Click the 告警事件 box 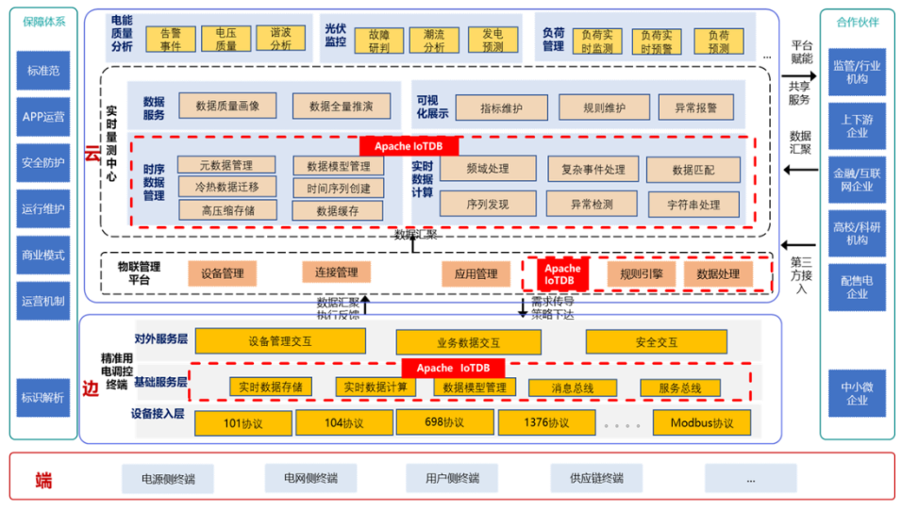pyautogui.click(x=171, y=39)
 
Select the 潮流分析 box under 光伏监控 pyautogui.click(x=434, y=40)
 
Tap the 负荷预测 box pyautogui.click(x=719, y=41)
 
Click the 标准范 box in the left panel pyautogui.click(x=43, y=71)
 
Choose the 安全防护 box pyautogui.click(x=43, y=162)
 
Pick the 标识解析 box pyautogui.click(x=43, y=398)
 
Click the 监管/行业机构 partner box pyautogui.click(x=857, y=73)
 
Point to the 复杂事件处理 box pyautogui.click(x=593, y=170)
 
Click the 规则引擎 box pyautogui.click(x=642, y=274)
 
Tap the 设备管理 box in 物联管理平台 pyautogui.click(x=223, y=273)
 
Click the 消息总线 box pyautogui.click(x=573, y=387)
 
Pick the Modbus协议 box pyautogui.click(x=702, y=423)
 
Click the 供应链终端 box pyautogui.click(x=596, y=478)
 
